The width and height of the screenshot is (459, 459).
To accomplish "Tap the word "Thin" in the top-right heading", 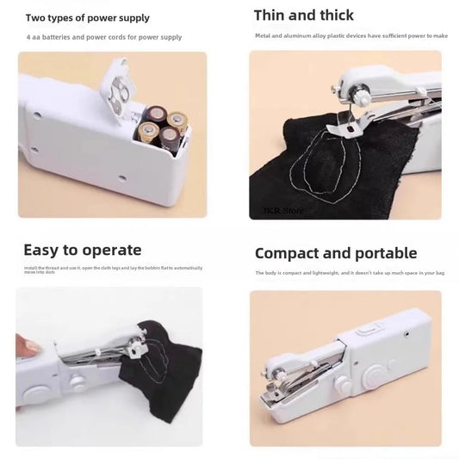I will pos(274,15).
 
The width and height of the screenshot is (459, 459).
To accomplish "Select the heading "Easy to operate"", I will pos(82,250).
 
